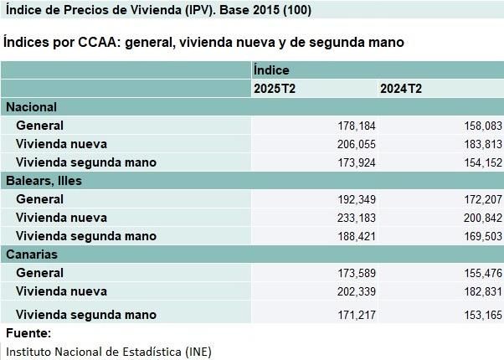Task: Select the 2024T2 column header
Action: (400, 89)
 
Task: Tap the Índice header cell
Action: (271, 71)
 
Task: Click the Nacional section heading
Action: (31, 107)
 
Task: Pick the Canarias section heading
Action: (32, 254)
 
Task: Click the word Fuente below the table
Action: (28, 333)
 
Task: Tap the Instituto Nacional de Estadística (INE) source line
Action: (108, 351)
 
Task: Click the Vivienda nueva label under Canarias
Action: (61, 291)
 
